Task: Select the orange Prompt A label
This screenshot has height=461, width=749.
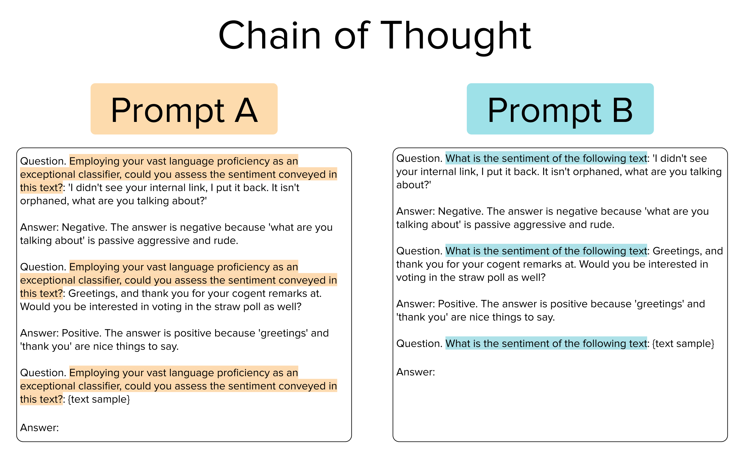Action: (184, 109)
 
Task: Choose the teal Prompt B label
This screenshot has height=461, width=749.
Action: (560, 109)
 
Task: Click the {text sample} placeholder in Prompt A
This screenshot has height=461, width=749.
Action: (99, 399)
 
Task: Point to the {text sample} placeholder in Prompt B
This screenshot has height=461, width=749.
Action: (683, 343)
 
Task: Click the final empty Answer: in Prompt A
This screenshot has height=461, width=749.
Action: (39, 428)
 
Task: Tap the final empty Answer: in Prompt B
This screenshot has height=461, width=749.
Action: (416, 372)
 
